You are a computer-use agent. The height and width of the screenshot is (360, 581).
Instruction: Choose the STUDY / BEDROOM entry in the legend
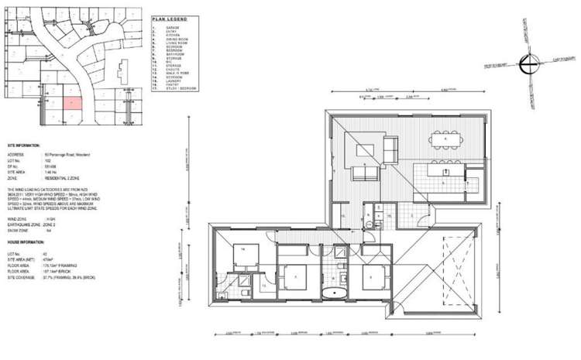click(x=182, y=88)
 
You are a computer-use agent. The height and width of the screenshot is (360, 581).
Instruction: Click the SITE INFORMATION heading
click(x=22, y=145)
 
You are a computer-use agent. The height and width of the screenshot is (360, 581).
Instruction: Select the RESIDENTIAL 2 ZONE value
click(x=64, y=177)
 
